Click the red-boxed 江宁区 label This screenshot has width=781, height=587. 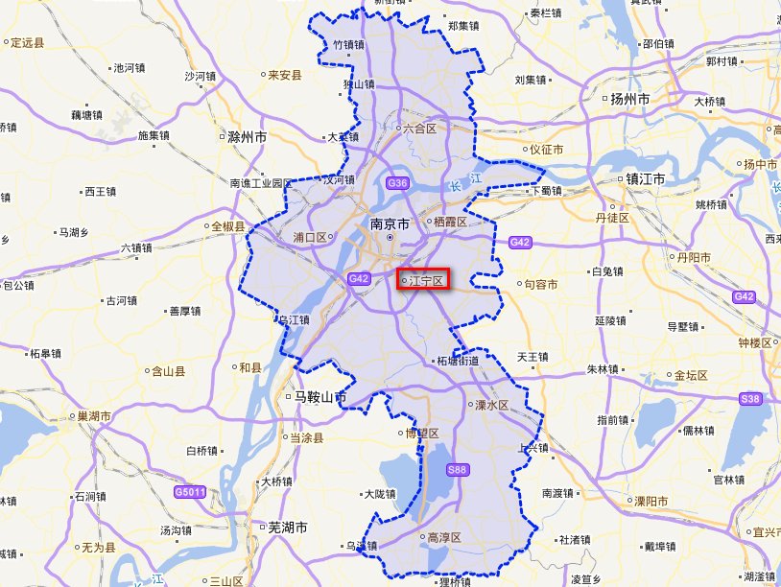tap(423, 280)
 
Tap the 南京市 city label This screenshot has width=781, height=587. tap(390, 223)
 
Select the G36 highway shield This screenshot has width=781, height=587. tap(397, 183)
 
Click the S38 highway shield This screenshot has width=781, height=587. tap(750, 399)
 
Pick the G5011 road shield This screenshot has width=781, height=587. tap(189, 492)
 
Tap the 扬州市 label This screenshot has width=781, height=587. tap(629, 99)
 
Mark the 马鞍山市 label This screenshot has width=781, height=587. tap(319, 396)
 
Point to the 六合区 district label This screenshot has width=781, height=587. tap(418, 128)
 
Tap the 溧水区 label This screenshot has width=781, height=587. tap(491, 405)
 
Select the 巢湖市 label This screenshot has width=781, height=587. tap(94, 416)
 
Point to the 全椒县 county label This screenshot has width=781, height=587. tap(227, 226)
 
